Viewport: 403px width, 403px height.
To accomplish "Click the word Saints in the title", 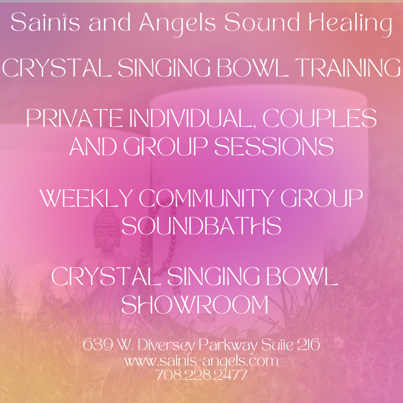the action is tap(45, 22).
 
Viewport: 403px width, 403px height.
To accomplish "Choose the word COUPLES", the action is tap(319, 118).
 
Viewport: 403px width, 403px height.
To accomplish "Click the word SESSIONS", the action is tap(274, 146).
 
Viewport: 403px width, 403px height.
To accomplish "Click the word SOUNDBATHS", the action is tap(201, 226).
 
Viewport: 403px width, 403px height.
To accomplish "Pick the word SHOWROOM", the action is tap(195, 304).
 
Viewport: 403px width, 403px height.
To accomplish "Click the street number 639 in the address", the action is tap(98, 344).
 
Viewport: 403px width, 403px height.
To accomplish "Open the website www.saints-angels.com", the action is tap(201, 361).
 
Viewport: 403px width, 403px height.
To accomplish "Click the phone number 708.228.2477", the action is tap(201, 375).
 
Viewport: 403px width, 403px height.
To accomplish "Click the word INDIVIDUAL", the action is tap(191, 118).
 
